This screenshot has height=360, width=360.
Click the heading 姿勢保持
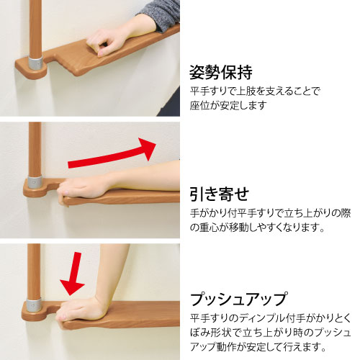222,72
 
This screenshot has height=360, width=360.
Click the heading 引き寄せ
219,194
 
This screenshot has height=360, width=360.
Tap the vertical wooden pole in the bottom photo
34,266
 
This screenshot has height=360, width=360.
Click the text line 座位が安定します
228,105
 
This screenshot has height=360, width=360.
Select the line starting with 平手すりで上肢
254,91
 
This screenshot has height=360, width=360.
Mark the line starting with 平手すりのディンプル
270,318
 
